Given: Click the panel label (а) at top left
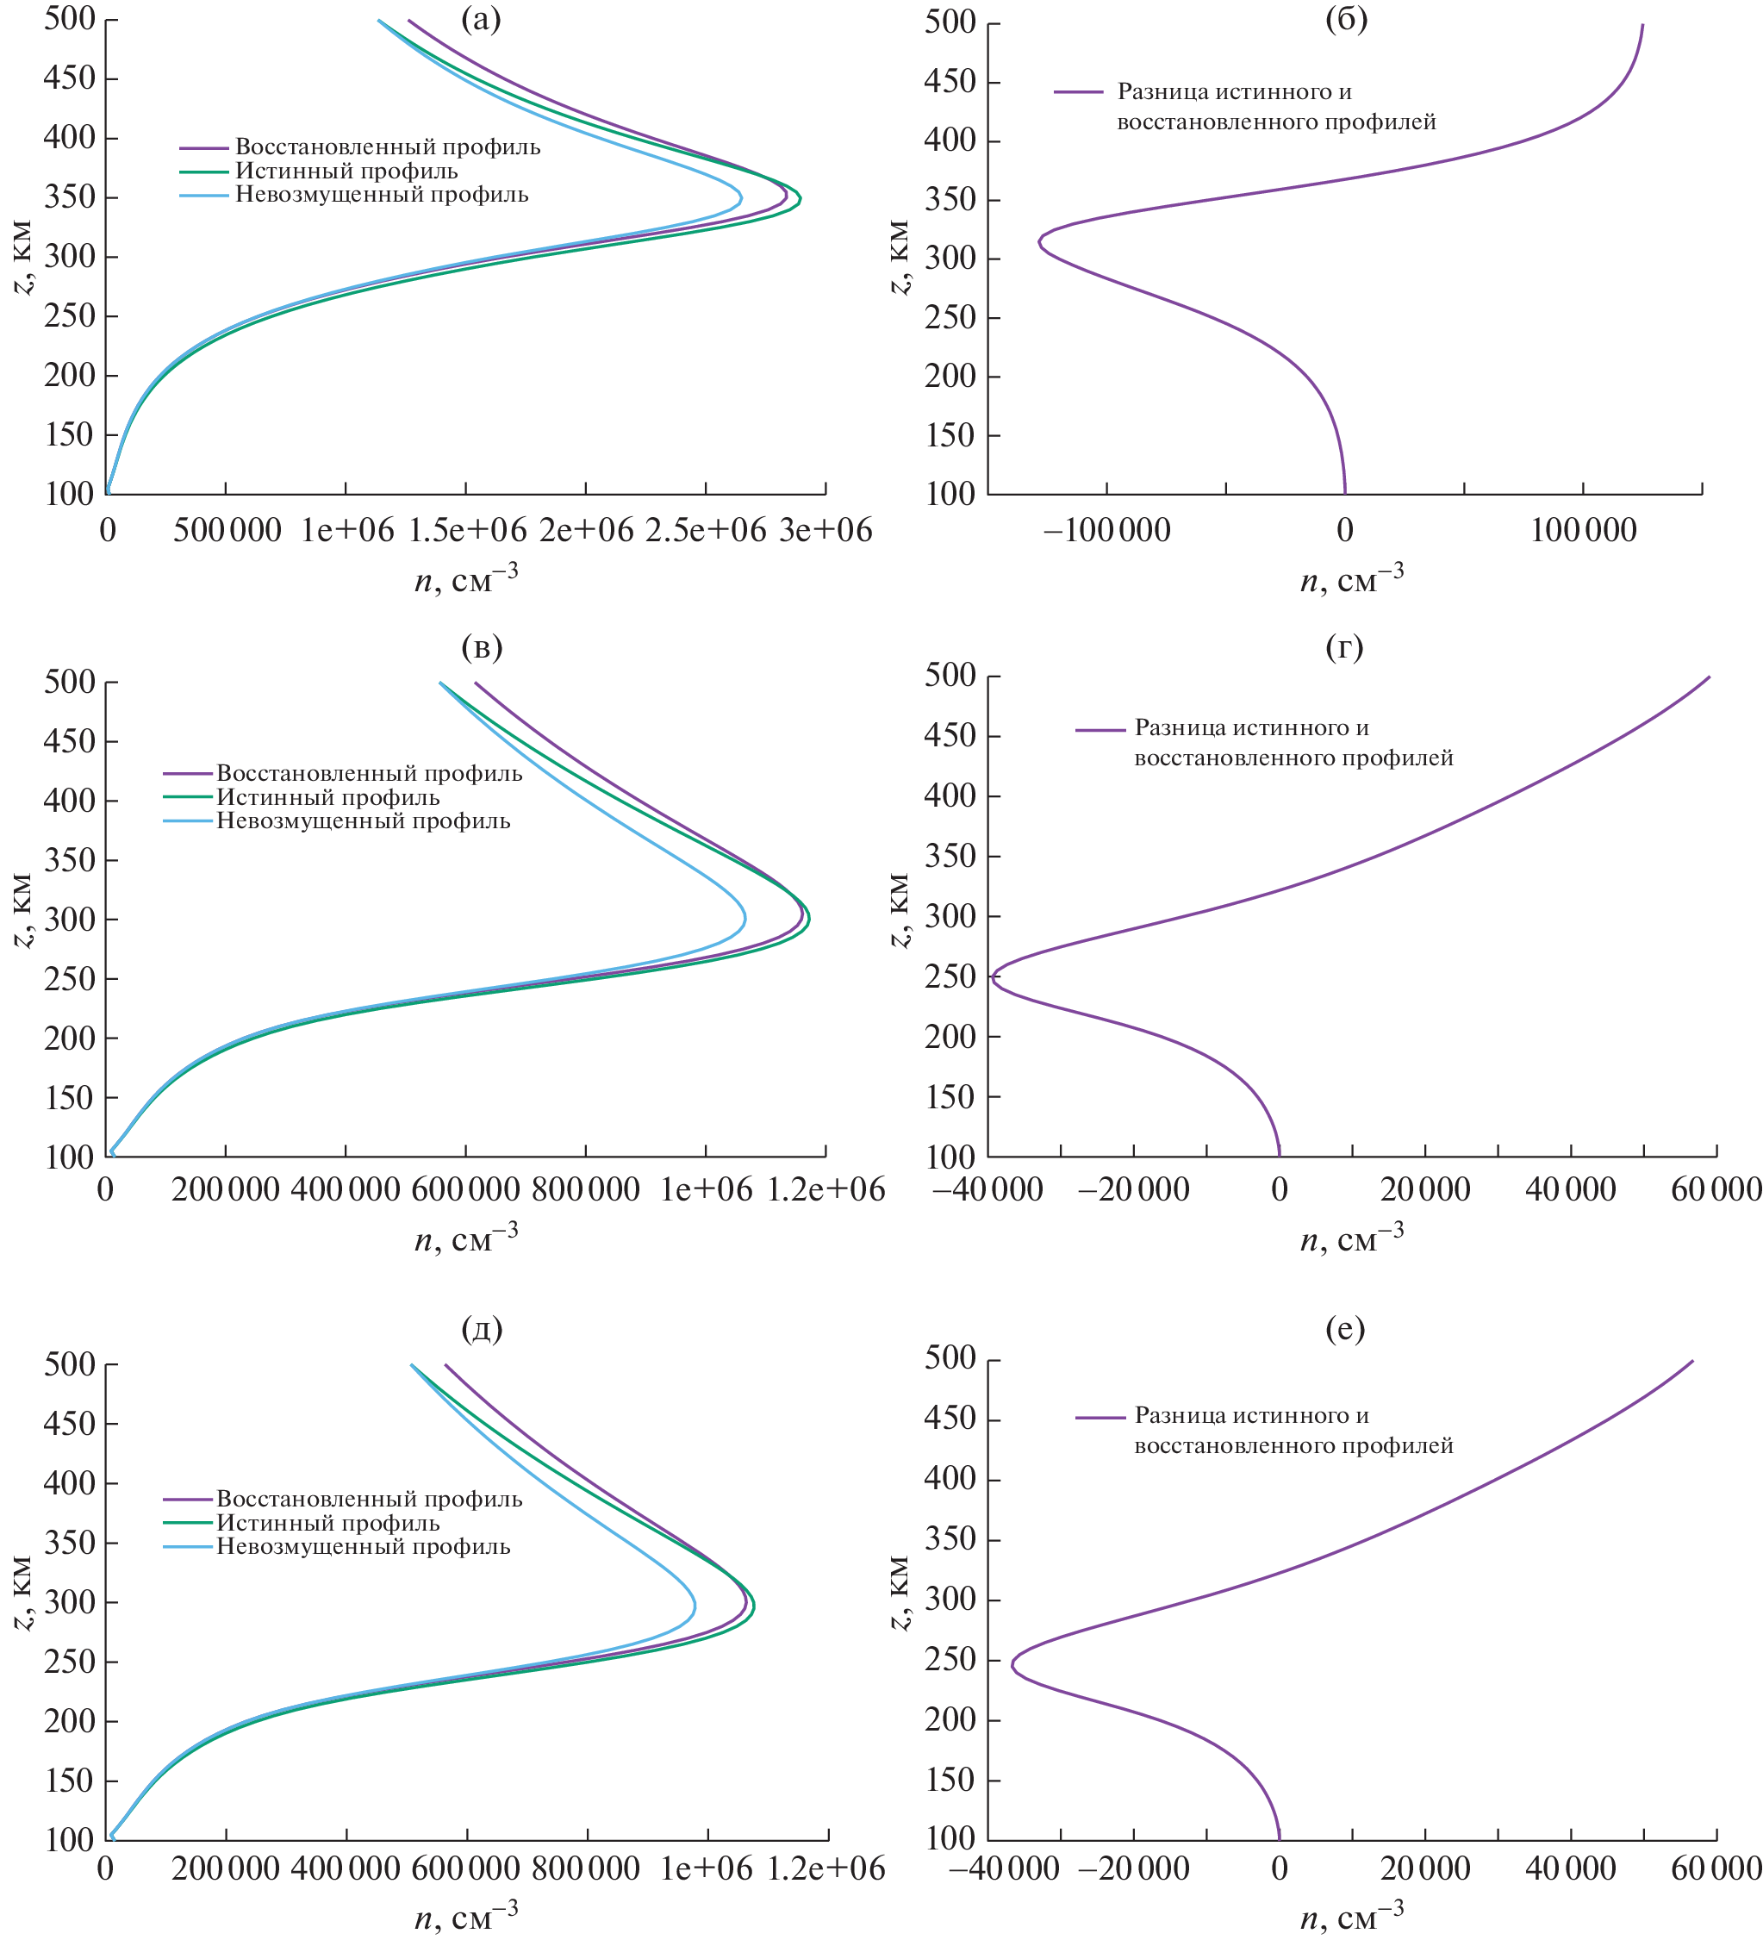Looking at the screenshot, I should [481, 19].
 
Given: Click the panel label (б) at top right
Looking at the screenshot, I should [1345, 19].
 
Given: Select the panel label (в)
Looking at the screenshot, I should [481, 646].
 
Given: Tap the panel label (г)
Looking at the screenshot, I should [1344, 646].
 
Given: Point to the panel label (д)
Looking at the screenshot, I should [481, 1328].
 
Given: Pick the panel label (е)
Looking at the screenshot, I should [1344, 1328].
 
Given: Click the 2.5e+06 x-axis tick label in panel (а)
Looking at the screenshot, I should [706, 529].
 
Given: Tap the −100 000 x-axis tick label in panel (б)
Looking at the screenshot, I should [1106, 529].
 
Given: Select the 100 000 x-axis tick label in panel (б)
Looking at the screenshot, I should [1583, 529].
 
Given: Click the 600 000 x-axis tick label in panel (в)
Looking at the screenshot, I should [466, 1189].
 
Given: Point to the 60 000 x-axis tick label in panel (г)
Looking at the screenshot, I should [1716, 1189].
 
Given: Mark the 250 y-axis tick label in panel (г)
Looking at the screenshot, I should [950, 976].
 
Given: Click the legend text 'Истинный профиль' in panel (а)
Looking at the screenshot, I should [346, 172].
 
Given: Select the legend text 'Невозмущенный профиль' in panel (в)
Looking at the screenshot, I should [363, 820].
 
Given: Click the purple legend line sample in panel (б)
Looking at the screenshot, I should [1078, 92].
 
